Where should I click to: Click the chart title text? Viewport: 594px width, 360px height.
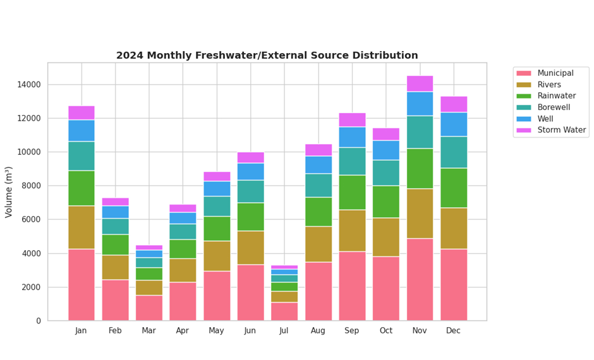(x=267, y=56)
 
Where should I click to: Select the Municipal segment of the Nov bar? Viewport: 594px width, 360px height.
(x=420, y=279)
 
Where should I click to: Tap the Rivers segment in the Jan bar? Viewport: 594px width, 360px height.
(x=82, y=227)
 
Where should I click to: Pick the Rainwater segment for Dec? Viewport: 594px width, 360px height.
(x=453, y=188)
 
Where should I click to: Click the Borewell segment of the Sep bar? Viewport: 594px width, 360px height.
(x=352, y=161)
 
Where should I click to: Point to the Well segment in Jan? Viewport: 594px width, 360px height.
(x=82, y=130)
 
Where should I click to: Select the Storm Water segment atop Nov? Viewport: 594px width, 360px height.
(x=420, y=83)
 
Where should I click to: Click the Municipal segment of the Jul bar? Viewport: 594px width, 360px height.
(x=284, y=311)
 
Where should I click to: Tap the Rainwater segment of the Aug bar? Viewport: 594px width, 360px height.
(x=318, y=212)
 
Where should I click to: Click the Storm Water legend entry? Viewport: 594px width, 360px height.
(x=561, y=130)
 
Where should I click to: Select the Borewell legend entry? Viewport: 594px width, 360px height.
(x=554, y=107)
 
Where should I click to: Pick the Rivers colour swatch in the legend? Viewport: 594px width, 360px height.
(x=524, y=85)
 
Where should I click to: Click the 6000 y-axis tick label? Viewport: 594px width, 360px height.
(x=30, y=220)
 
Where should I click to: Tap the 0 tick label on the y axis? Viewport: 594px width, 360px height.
(x=38, y=321)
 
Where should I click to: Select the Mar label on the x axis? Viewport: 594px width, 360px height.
(x=149, y=331)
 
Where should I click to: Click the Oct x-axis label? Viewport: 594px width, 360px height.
(x=385, y=331)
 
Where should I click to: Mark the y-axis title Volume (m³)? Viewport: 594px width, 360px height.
(x=9, y=192)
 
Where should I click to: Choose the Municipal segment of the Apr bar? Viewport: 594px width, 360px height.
(x=183, y=301)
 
